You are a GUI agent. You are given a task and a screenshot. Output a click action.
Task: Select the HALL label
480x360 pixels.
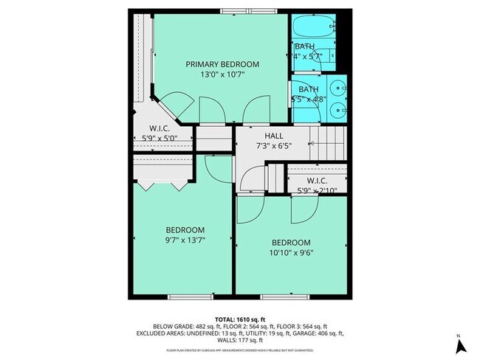pyautogui.click(x=273, y=135)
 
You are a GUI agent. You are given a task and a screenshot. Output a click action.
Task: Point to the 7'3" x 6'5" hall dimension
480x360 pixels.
pyautogui.click(x=273, y=145)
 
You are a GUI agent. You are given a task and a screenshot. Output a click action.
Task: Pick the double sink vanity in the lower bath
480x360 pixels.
pyautogui.click(x=337, y=97)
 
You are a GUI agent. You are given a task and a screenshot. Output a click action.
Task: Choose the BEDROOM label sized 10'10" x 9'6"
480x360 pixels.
pyautogui.click(x=291, y=243)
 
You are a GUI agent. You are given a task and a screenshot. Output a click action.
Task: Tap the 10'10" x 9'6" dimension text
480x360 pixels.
pyautogui.click(x=291, y=253)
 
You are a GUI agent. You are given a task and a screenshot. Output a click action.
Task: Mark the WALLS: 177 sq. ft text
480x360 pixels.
pyautogui.click(x=240, y=342)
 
